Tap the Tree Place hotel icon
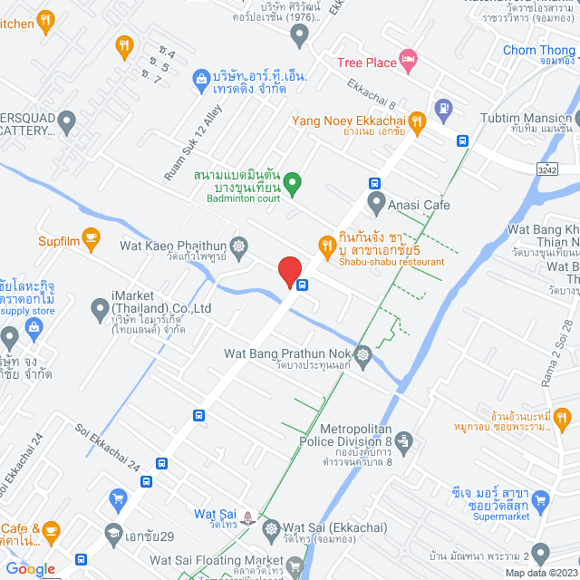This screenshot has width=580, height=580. (x=409, y=62)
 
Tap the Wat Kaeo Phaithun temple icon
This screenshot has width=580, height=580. (x=238, y=246)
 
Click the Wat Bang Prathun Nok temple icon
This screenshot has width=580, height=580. (x=363, y=354)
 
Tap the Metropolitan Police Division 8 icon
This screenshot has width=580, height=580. (x=405, y=441)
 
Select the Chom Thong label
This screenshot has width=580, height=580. (x=538, y=50)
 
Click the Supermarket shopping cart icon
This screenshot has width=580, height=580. (x=541, y=498)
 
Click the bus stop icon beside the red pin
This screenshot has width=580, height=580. (x=303, y=284)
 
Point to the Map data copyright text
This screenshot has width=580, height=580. (x=541, y=573)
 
